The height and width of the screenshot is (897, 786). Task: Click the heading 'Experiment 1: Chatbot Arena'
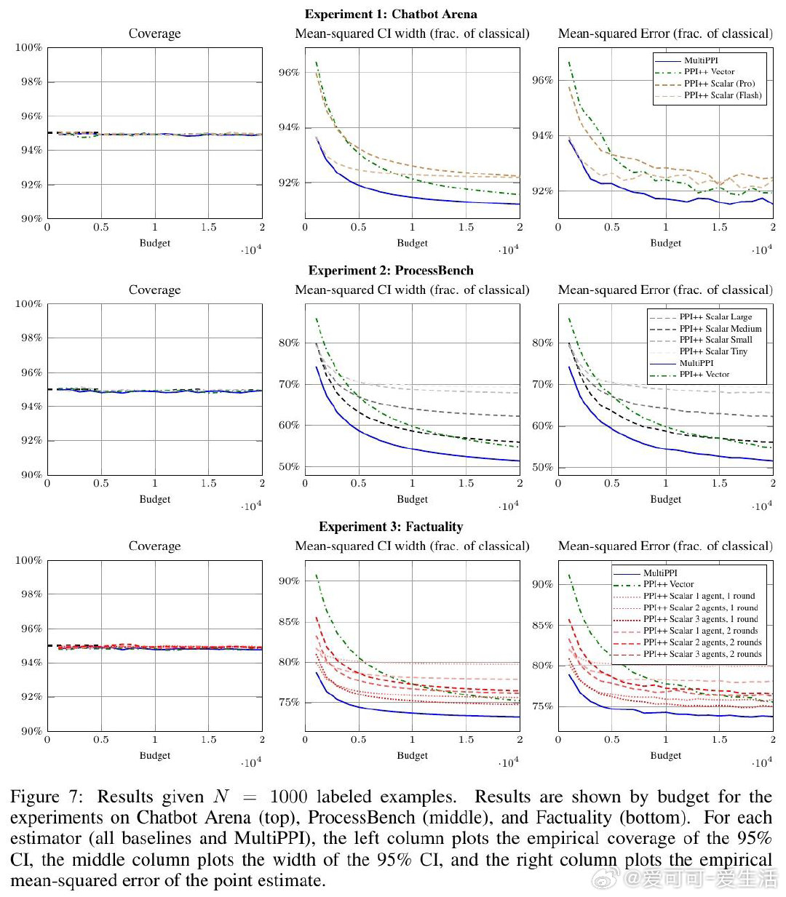pyautogui.click(x=391, y=14)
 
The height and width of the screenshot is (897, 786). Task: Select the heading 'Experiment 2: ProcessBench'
pyautogui.click(x=391, y=270)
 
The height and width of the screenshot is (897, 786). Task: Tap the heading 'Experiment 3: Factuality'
pyautogui.click(x=391, y=526)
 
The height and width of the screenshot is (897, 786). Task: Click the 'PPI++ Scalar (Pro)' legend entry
pyautogui.click(x=719, y=84)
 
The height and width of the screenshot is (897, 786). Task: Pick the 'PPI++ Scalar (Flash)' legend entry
pyautogui.click(x=722, y=95)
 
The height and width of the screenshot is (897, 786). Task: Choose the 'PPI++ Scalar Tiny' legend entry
pyautogui.click(x=713, y=351)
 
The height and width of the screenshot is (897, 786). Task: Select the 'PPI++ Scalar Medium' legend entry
pyautogui.click(x=720, y=329)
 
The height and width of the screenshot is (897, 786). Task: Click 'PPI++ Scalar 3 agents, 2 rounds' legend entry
pyautogui.click(x=702, y=654)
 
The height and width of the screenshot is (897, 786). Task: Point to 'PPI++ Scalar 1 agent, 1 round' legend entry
pyautogui.click(x=699, y=596)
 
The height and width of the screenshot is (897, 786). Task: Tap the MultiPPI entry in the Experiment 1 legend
pyautogui.click(x=701, y=60)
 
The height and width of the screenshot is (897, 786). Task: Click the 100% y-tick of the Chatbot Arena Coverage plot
pyautogui.click(x=29, y=48)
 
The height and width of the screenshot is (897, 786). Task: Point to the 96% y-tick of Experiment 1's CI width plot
pyautogui.click(x=289, y=73)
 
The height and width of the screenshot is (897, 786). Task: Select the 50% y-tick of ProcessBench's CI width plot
pyautogui.click(x=289, y=467)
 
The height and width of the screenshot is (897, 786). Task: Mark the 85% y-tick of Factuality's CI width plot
pyautogui.click(x=289, y=622)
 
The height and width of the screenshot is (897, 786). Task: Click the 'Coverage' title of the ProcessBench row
pyautogui.click(x=154, y=290)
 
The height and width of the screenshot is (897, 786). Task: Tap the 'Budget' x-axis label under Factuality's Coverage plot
pyautogui.click(x=154, y=755)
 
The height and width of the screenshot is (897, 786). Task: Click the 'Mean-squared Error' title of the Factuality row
pyautogui.click(x=665, y=546)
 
